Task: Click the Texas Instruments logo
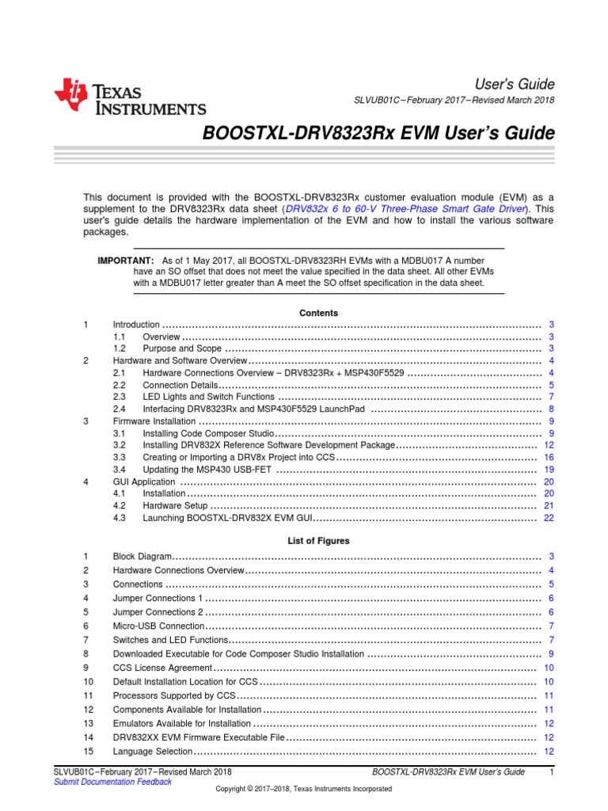[130, 97]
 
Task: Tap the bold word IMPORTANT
[125, 260]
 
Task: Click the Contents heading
[318, 313]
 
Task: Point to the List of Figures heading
[318, 541]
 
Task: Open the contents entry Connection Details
[178, 385]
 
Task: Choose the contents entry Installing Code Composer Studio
[208, 433]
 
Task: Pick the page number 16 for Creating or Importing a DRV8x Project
[549, 458]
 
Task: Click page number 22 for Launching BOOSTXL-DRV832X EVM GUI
[549, 518]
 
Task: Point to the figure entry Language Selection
[153, 751]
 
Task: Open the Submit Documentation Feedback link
[112, 782]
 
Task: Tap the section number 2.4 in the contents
[120, 409]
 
